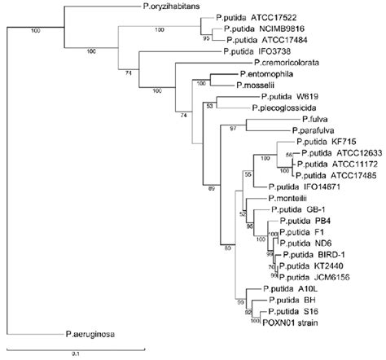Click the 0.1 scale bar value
coord(74,353)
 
